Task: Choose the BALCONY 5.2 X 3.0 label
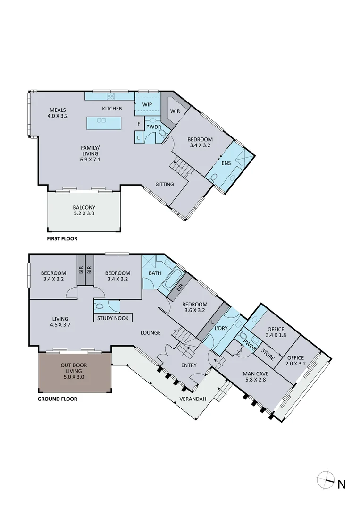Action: click(84, 211)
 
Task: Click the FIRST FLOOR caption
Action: click(62, 239)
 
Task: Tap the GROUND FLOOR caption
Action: click(57, 399)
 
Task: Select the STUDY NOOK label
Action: click(111, 318)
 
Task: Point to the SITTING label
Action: click(165, 184)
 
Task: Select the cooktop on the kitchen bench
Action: click(111, 96)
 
